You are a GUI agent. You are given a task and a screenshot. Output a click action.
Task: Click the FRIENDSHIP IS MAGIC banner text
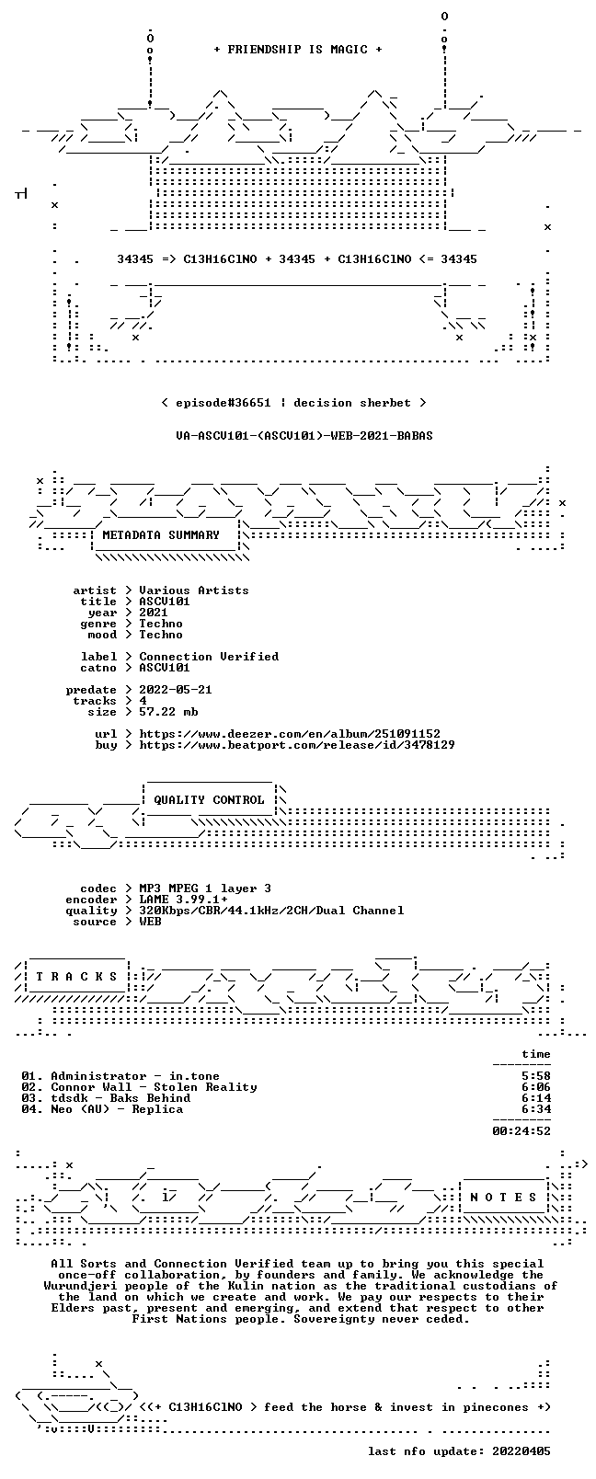[x=298, y=50]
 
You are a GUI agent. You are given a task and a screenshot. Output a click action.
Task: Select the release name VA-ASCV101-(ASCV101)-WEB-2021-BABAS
[x=304, y=436]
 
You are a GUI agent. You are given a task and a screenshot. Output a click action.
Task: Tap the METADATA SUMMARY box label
[x=161, y=534]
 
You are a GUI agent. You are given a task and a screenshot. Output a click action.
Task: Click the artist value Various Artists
[x=194, y=590]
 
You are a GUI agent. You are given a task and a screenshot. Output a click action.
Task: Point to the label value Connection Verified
[x=209, y=657]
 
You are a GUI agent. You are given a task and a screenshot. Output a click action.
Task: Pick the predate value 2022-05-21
[x=176, y=689]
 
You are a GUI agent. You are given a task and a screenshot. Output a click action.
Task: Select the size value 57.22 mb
[x=168, y=712]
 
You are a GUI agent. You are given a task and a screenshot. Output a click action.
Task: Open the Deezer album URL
[x=290, y=734]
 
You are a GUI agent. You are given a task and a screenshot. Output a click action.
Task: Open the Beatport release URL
[x=297, y=745]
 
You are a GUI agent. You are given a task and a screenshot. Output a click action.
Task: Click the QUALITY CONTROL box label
[x=209, y=800]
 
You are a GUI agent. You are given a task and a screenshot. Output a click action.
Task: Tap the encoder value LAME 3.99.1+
[x=183, y=900]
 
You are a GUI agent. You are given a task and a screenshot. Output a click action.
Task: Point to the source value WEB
[x=150, y=922]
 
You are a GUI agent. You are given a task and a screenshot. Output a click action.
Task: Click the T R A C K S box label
[x=76, y=977]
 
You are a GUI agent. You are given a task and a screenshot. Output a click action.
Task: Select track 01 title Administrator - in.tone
[x=135, y=1076]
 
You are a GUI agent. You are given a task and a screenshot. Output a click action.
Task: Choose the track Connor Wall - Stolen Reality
[x=154, y=1087]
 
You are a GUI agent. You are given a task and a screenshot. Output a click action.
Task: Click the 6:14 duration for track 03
[x=536, y=1098]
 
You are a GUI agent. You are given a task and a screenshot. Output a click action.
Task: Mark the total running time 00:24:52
[x=521, y=1131]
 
